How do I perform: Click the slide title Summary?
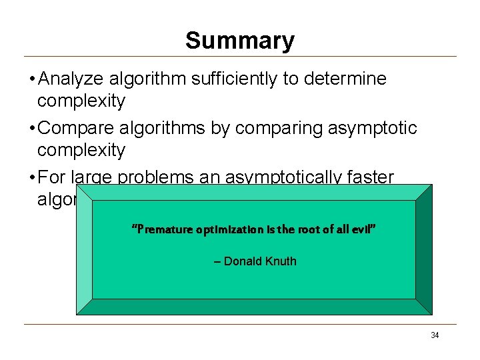point(239,41)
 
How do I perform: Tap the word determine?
point(346,79)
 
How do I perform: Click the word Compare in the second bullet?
point(77,128)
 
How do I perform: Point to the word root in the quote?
point(309,229)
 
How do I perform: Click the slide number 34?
point(435,335)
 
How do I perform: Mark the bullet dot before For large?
point(32,178)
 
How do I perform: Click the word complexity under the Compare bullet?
point(81,150)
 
